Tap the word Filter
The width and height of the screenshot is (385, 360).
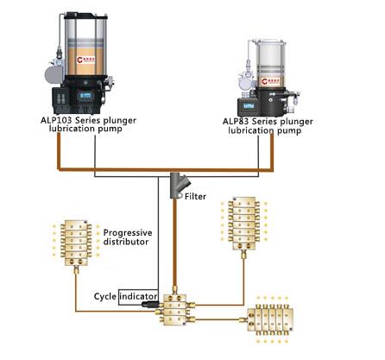point(196,197)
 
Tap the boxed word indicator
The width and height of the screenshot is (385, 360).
point(138,296)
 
